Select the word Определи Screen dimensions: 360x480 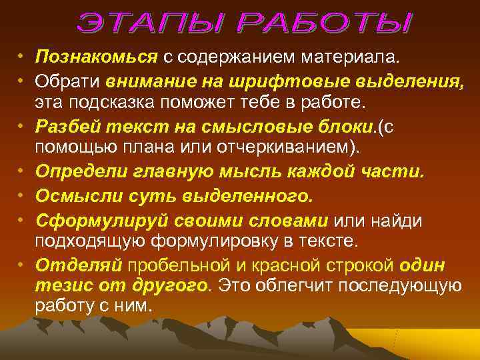click(x=80, y=172)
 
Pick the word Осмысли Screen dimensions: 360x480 click(x=74, y=196)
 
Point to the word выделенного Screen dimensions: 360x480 click(x=247, y=196)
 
